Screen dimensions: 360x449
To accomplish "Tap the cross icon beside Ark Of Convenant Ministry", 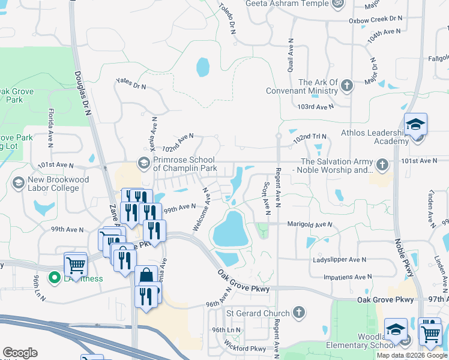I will (x=346, y=86).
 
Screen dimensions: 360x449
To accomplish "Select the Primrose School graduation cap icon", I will (x=143, y=163).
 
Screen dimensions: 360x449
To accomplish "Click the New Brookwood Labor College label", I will (x=58, y=184).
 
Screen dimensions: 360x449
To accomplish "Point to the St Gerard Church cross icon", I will (x=299, y=313).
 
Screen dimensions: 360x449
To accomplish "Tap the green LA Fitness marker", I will (x=53, y=278).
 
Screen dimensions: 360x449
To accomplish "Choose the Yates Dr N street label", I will (x=131, y=83).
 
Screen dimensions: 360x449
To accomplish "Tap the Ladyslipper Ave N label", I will (x=339, y=260).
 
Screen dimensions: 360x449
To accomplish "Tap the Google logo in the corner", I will (x=20, y=353).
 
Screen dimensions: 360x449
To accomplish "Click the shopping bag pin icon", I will (x=146, y=277).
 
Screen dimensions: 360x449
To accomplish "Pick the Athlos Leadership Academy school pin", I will (x=415, y=125).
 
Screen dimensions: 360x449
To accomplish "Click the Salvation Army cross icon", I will (x=382, y=164).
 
